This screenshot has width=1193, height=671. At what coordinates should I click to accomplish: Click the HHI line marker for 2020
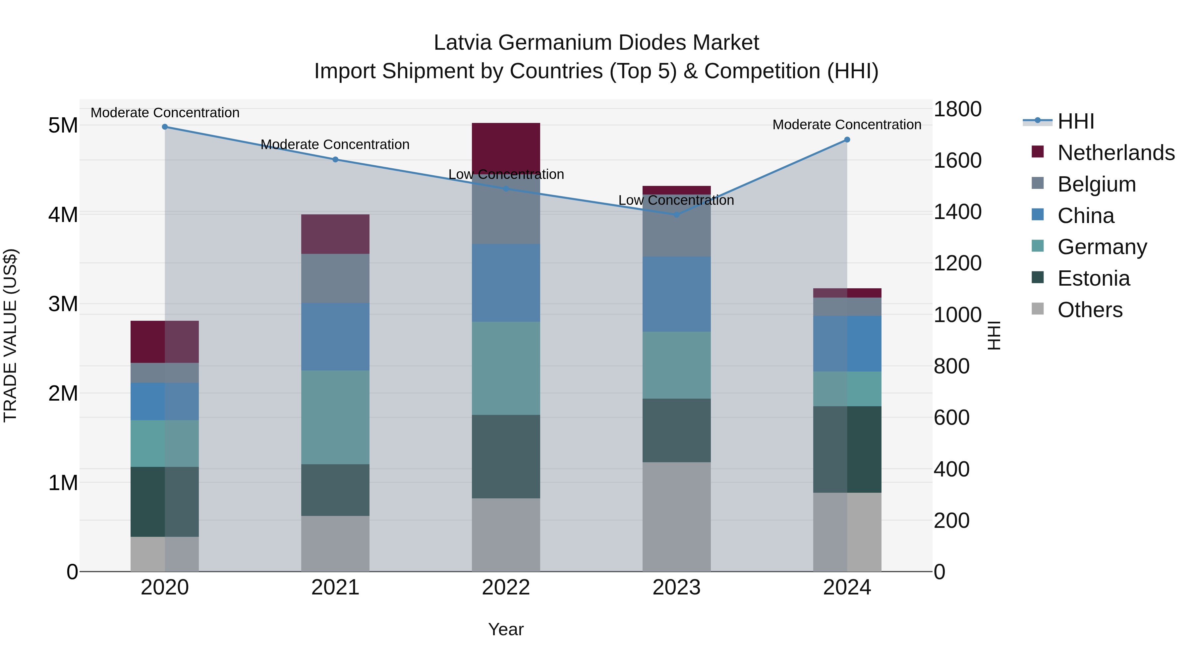[x=165, y=127]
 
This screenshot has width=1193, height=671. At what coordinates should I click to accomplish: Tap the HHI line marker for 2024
[x=847, y=140]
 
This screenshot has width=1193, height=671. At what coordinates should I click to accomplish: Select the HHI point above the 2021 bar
[x=335, y=160]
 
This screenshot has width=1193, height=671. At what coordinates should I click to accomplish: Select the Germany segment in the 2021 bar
[x=335, y=417]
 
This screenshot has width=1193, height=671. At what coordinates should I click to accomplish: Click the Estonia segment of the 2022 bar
[x=506, y=456]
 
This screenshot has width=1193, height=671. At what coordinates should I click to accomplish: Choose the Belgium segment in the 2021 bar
[x=335, y=278]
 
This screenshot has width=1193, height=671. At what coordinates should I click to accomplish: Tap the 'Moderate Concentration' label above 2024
[x=847, y=125]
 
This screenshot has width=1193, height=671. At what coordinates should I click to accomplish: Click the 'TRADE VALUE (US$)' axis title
[x=10, y=335]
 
